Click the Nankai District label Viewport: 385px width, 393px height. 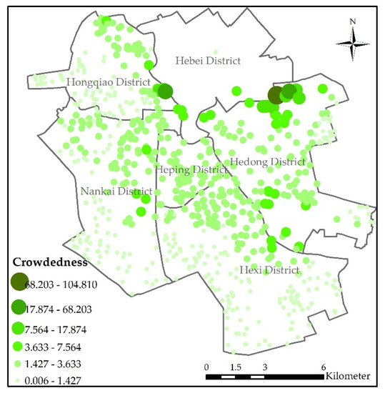tap(116, 191)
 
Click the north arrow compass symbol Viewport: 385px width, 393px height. tap(353, 46)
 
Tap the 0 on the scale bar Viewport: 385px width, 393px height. tap(206, 367)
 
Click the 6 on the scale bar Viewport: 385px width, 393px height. tap(324, 367)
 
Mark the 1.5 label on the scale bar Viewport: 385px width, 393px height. tap(236, 367)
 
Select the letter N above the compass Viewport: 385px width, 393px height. tap(353, 22)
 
